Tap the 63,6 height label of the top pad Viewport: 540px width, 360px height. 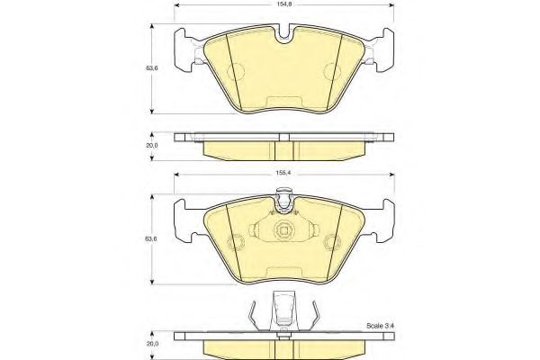[x=151, y=68]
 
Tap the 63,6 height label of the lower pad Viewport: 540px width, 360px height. [x=151, y=238]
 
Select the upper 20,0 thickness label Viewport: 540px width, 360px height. [x=151, y=146]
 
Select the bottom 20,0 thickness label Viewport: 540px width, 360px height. [x=151, y=344]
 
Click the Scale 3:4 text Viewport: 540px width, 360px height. [x=380, y=326]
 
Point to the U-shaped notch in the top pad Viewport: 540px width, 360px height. [x=284, y=33]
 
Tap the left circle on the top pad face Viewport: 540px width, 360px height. [x=236, y=72]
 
